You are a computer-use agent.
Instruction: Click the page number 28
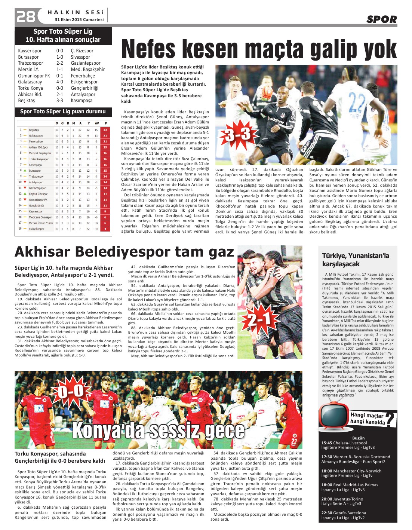pos(25,16)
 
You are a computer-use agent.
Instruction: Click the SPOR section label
pos(381,19)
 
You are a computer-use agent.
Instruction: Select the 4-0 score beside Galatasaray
pos(60,82)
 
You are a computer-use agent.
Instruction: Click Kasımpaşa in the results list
pos(82,101)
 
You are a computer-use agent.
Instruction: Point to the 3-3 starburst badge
pos(237,134)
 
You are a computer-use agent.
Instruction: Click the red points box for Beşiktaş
pos(105,130)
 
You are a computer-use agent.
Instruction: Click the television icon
pos(333,415)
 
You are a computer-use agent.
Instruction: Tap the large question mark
pos(391,420)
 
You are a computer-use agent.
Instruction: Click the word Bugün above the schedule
pos(358,438)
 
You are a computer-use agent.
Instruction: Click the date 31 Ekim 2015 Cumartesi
pos(79,20)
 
